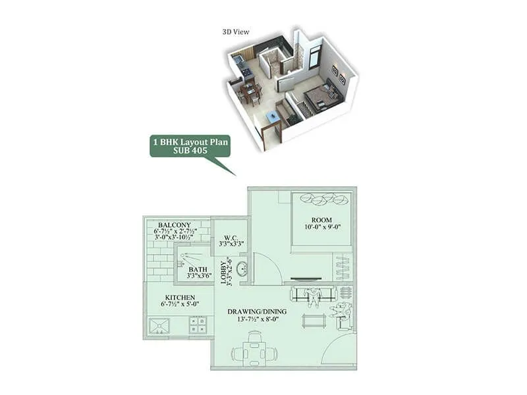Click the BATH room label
click(x=198, y=269)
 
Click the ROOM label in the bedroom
click(x=322, y=219)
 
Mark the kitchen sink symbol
click(x=159, y=325)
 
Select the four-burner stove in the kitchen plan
click(x=198, y=325)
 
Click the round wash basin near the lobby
click(x=242, y=269)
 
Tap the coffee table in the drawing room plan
click(x=314, y=321)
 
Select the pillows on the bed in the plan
click(x=323, y=199)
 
